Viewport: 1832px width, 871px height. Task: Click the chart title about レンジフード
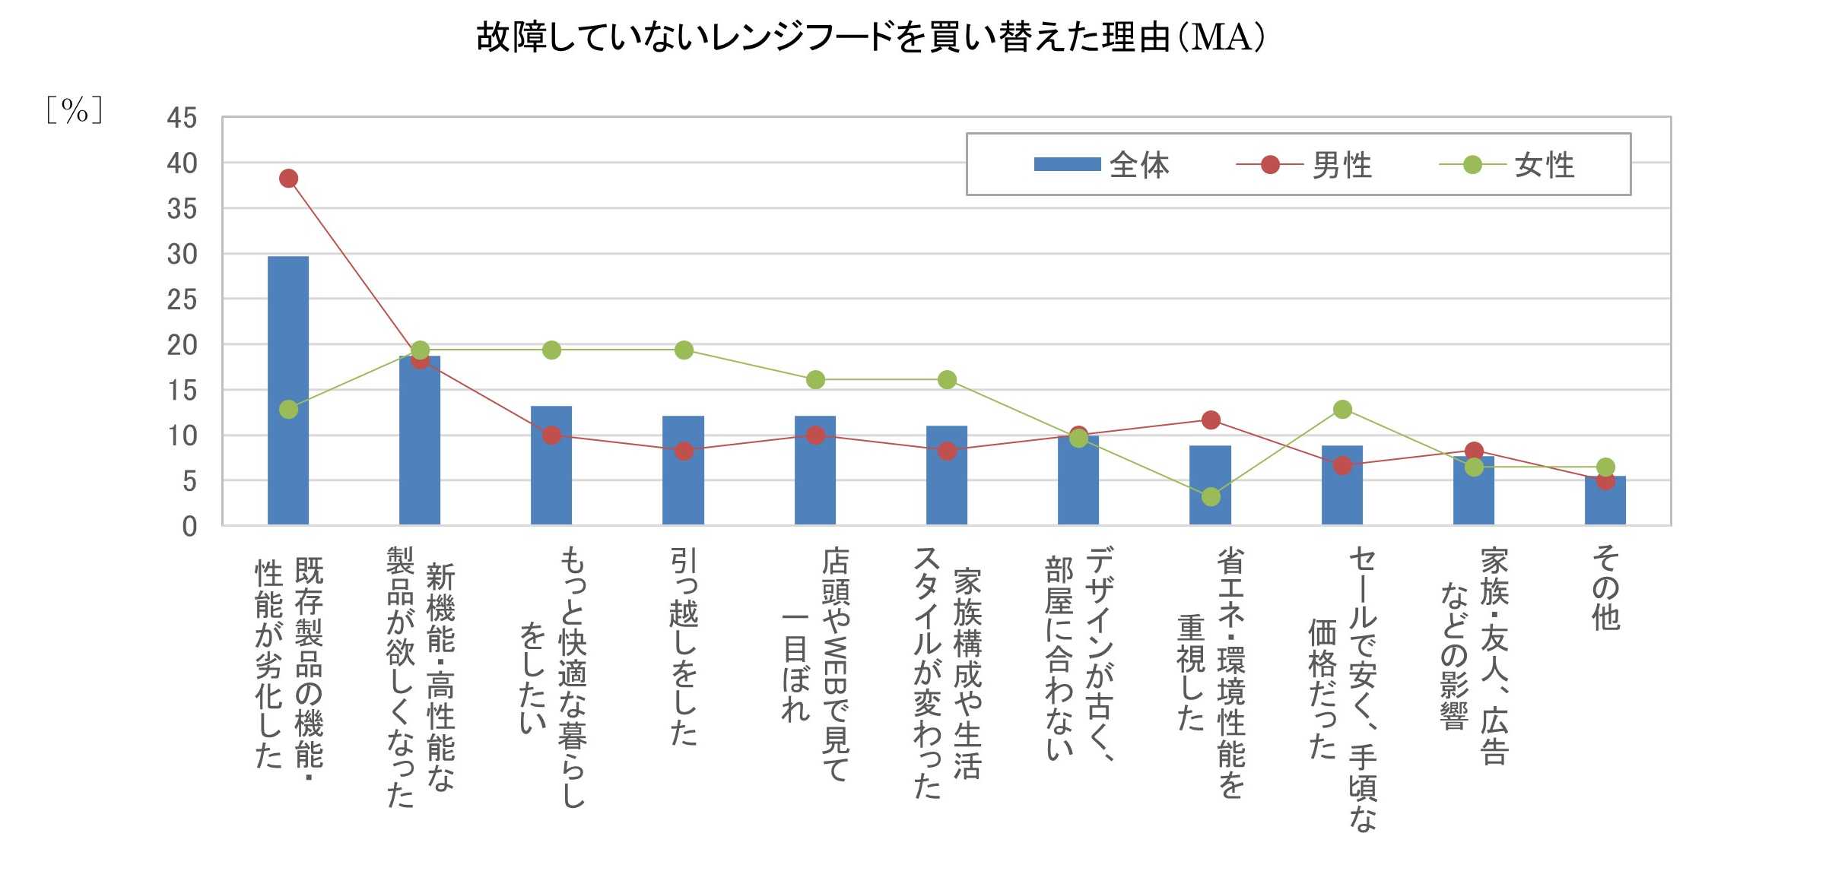[871, 36]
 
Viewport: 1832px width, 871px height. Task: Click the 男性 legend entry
[1303, 165]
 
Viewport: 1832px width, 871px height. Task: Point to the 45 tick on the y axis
[182, 119]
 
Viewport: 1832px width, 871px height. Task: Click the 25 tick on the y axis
[182, 300]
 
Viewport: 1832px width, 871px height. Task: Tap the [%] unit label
[74, 111]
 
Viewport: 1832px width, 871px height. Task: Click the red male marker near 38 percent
[288, 179]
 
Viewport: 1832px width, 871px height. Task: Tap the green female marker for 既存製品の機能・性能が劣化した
[288, 410]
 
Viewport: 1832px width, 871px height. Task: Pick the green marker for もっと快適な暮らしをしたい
[551, 350]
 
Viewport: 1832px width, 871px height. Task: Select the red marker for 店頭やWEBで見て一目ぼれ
[815, 435]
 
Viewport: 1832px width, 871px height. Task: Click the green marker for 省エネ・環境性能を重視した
[1211, 497]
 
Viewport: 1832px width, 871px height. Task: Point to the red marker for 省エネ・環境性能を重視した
[1211, 420]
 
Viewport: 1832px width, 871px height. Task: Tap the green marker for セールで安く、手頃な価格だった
[1342, 410]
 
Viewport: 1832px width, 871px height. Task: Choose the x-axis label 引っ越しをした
[683, 646]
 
